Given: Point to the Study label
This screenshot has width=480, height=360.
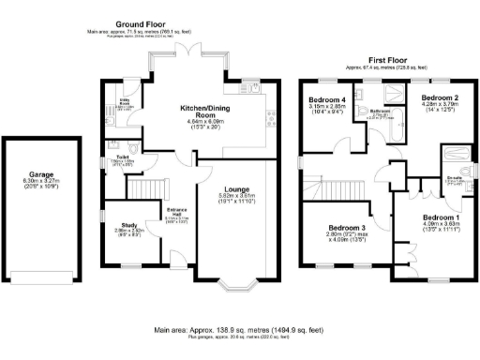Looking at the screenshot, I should coord(128,226).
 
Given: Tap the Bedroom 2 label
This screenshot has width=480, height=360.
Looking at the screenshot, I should coord(439,97).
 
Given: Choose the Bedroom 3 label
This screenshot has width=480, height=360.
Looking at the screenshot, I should coord(347,228).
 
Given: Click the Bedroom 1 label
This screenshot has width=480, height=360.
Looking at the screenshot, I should coord(441,217).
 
